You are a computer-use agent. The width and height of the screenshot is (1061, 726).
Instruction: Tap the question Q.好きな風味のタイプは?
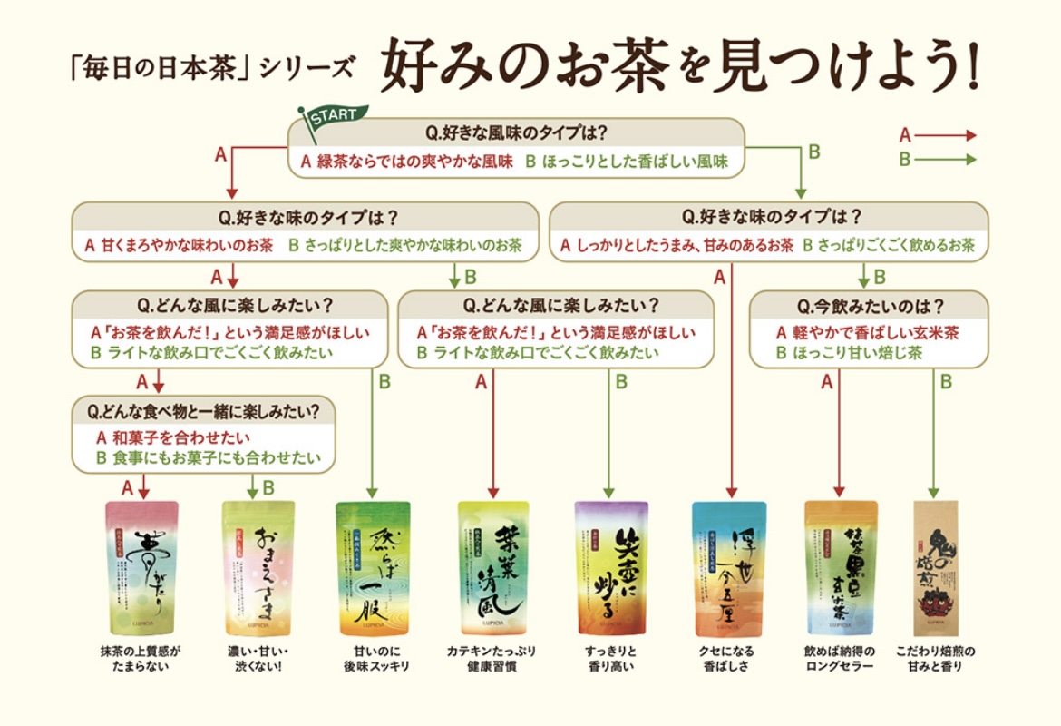pyautogui.click(x=516, y=132)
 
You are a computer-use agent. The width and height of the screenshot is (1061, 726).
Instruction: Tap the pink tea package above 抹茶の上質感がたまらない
pyautogui.click(x=142, y=567)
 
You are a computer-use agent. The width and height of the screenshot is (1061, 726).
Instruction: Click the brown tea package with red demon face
pyautogui.click(x=937, y=567)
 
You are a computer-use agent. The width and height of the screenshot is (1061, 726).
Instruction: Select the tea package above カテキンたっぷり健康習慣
pyautogui.click(x=493, y=567)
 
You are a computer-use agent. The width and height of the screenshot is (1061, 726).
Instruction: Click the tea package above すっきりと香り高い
pyautogui.click(x=611, y=567)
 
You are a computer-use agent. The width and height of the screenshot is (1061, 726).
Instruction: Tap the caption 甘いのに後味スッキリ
pyautogui.click(x=376, y=659)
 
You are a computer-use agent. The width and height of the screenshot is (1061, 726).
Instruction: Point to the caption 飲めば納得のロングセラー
pyautogui.click(x=840, y=659)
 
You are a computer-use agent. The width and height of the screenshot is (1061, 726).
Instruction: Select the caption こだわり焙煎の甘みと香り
pyautogui.click(x=937, y=659)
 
